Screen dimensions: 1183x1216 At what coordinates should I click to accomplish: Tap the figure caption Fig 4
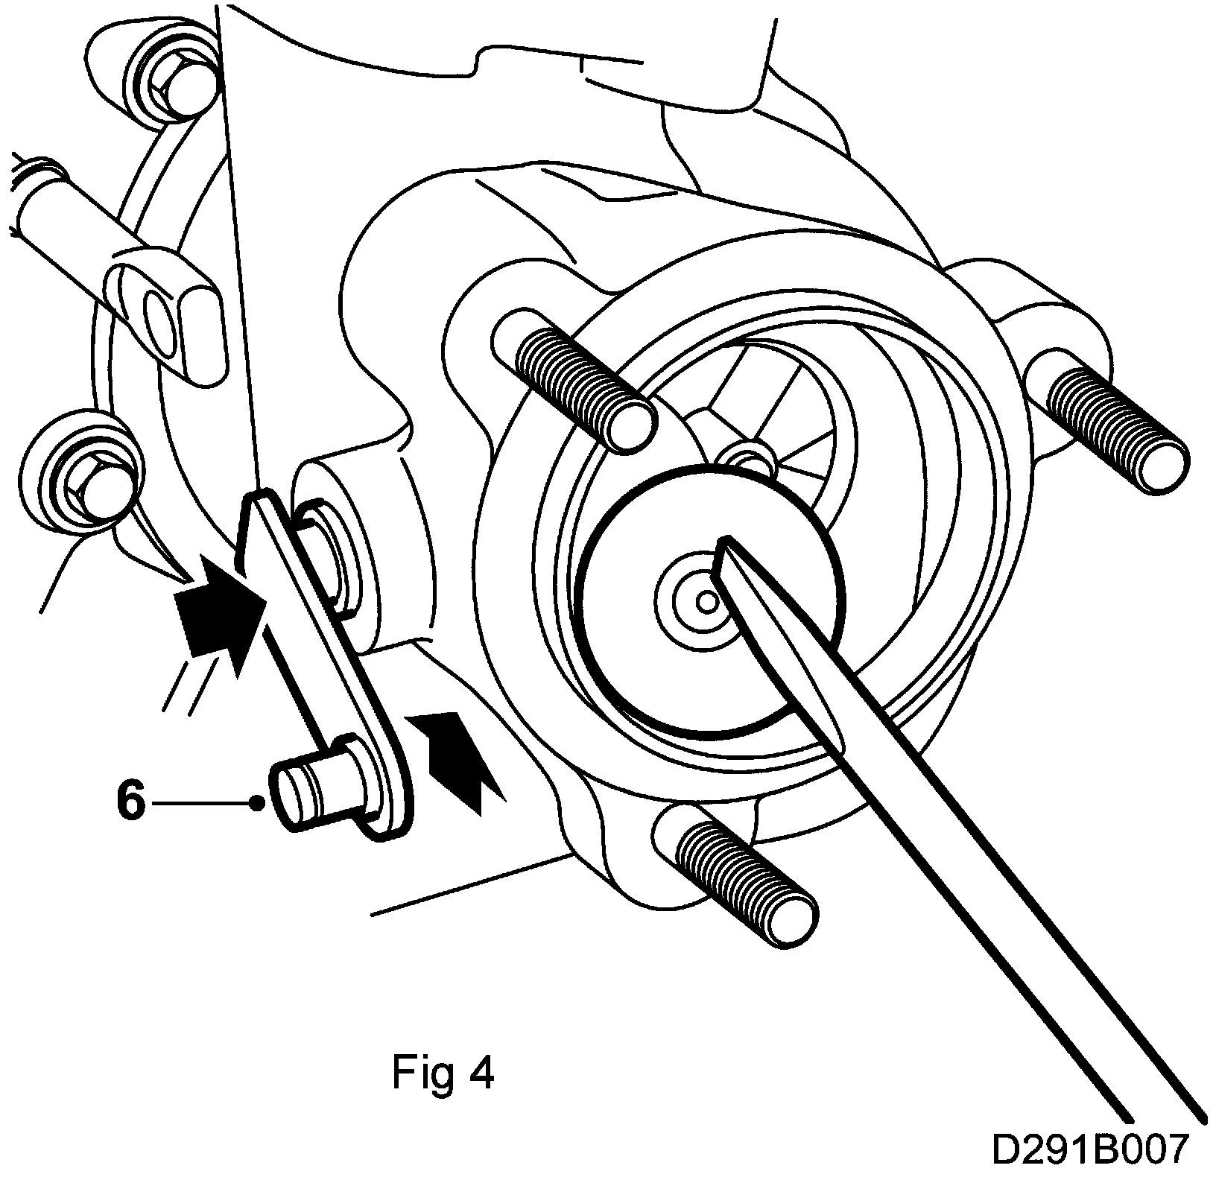(443, 1073)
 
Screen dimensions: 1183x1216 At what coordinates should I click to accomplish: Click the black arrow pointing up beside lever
(456, 754)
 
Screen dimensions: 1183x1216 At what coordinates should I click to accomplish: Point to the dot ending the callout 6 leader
(257, 803)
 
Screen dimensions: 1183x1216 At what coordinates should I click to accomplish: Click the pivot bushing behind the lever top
(332, 551)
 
